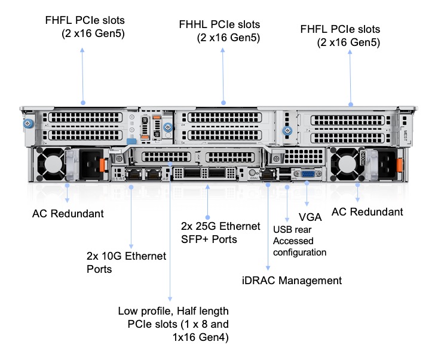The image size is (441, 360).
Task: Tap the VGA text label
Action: pyautogui.click(x=310, y=217)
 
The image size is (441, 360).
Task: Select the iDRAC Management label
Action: pyautogui.click(x=292, y=281)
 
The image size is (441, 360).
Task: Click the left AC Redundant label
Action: pyautogui.click(x=68, y=213)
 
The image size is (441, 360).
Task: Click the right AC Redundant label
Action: pyautogui.click(x=367, y=212)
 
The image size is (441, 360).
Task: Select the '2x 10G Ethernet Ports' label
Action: pyautogui.click(x=126, y=262)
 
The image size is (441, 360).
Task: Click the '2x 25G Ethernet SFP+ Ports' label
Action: pyautogui.click(x=220, y=233)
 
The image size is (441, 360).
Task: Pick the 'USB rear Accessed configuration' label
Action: pyautogui.click(x=299, y=241)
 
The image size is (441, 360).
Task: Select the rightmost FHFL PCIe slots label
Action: pyautogui.click(x=341, y=35)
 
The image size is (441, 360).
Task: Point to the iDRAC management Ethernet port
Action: pyautogui.click(x=267, y=174)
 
